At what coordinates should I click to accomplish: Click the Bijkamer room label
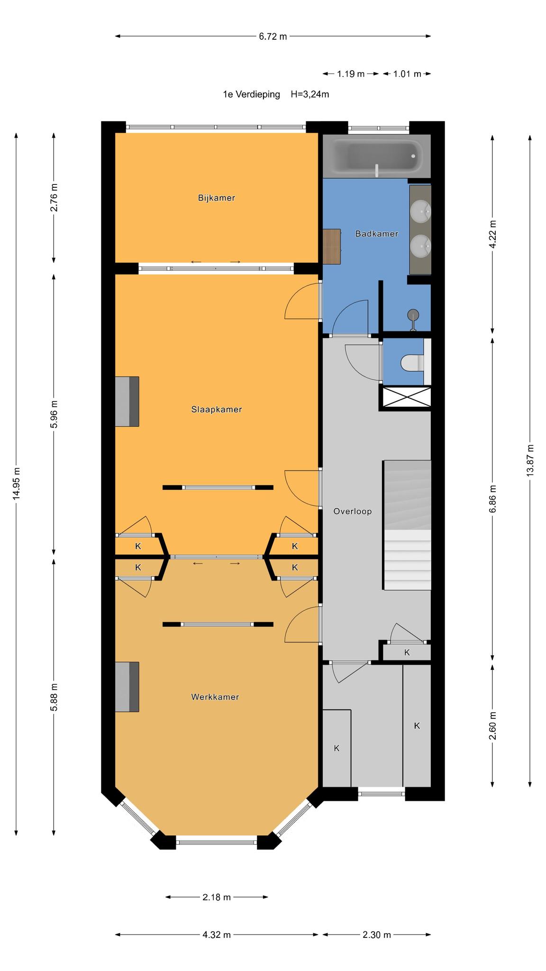(217, 198)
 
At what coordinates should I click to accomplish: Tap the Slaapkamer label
(217, 410)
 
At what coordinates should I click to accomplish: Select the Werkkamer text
(215, 697)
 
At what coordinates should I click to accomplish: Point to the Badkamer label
(377, 234)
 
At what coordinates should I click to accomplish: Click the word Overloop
(352, 512)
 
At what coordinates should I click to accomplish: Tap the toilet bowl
(412, 363)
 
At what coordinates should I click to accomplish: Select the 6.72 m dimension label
(273, 37)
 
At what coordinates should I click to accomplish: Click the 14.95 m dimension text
(17, 484)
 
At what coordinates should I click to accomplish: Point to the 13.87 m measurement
(530, 460)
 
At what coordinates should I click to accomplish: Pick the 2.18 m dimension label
(217, 897)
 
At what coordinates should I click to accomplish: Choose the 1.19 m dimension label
(351, 74)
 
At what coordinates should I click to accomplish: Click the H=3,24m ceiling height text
(310, 94)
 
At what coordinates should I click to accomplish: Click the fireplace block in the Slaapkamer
(127, 402)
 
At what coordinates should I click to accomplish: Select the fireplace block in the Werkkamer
(127, 687)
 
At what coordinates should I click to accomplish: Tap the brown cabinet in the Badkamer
(332, 247)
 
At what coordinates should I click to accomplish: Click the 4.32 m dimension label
(217, 935)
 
